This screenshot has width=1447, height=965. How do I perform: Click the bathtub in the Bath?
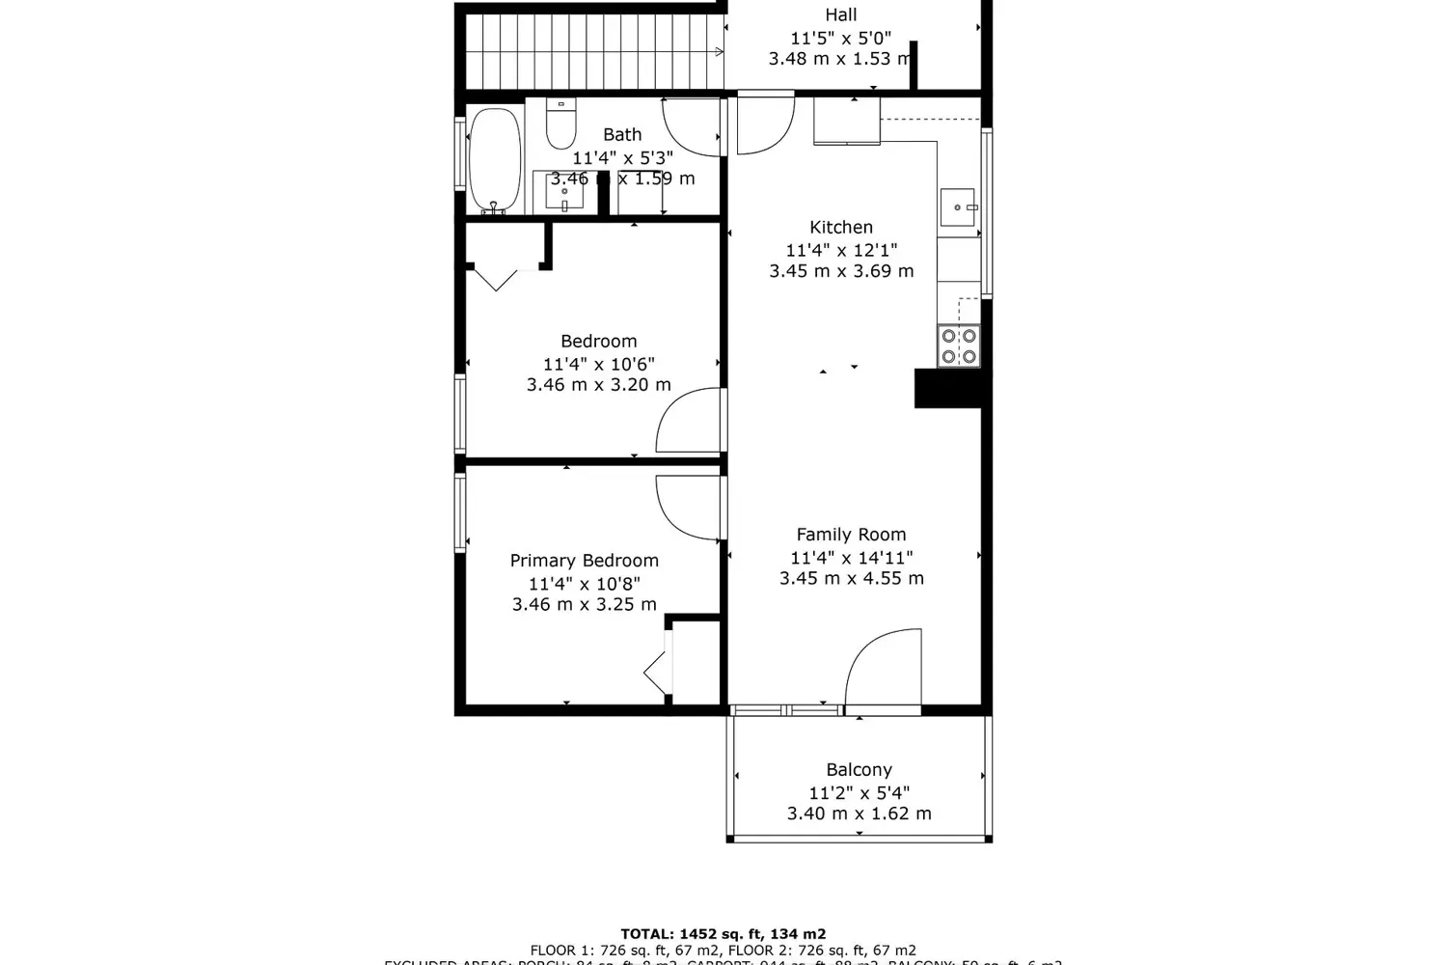pos(495,160)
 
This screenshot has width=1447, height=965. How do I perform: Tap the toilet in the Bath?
pos(560,124)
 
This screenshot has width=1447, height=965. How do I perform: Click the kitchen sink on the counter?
pos(958,207)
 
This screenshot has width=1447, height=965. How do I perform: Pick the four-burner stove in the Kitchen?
pos(959,346)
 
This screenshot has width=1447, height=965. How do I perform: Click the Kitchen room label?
pos(841,228)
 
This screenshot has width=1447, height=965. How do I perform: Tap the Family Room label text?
pos(851,535)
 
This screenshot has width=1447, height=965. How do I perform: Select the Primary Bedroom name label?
pos(585,561)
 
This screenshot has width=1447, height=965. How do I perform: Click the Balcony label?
pos(859,770)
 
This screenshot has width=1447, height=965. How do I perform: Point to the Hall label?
pos(840,15)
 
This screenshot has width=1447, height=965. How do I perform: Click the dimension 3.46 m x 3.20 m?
pos(598,385)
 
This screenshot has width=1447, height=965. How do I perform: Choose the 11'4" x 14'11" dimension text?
pos(851,558)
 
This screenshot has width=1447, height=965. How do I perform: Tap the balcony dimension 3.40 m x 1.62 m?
pos(859,813)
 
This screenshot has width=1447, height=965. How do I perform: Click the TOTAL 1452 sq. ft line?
pos(723,934)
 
